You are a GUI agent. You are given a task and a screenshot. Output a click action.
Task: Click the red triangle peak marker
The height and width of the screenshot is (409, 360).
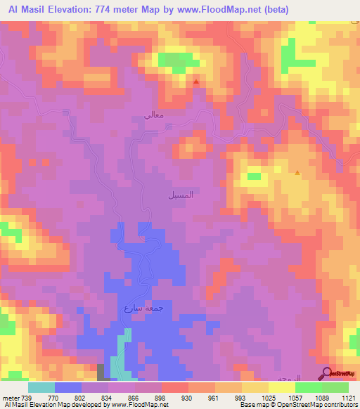pos(195,82)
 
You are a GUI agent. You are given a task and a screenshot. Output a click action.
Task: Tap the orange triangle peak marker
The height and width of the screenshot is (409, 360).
pos(297,172)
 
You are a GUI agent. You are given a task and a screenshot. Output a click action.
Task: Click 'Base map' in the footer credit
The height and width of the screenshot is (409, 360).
pos(252,405)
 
